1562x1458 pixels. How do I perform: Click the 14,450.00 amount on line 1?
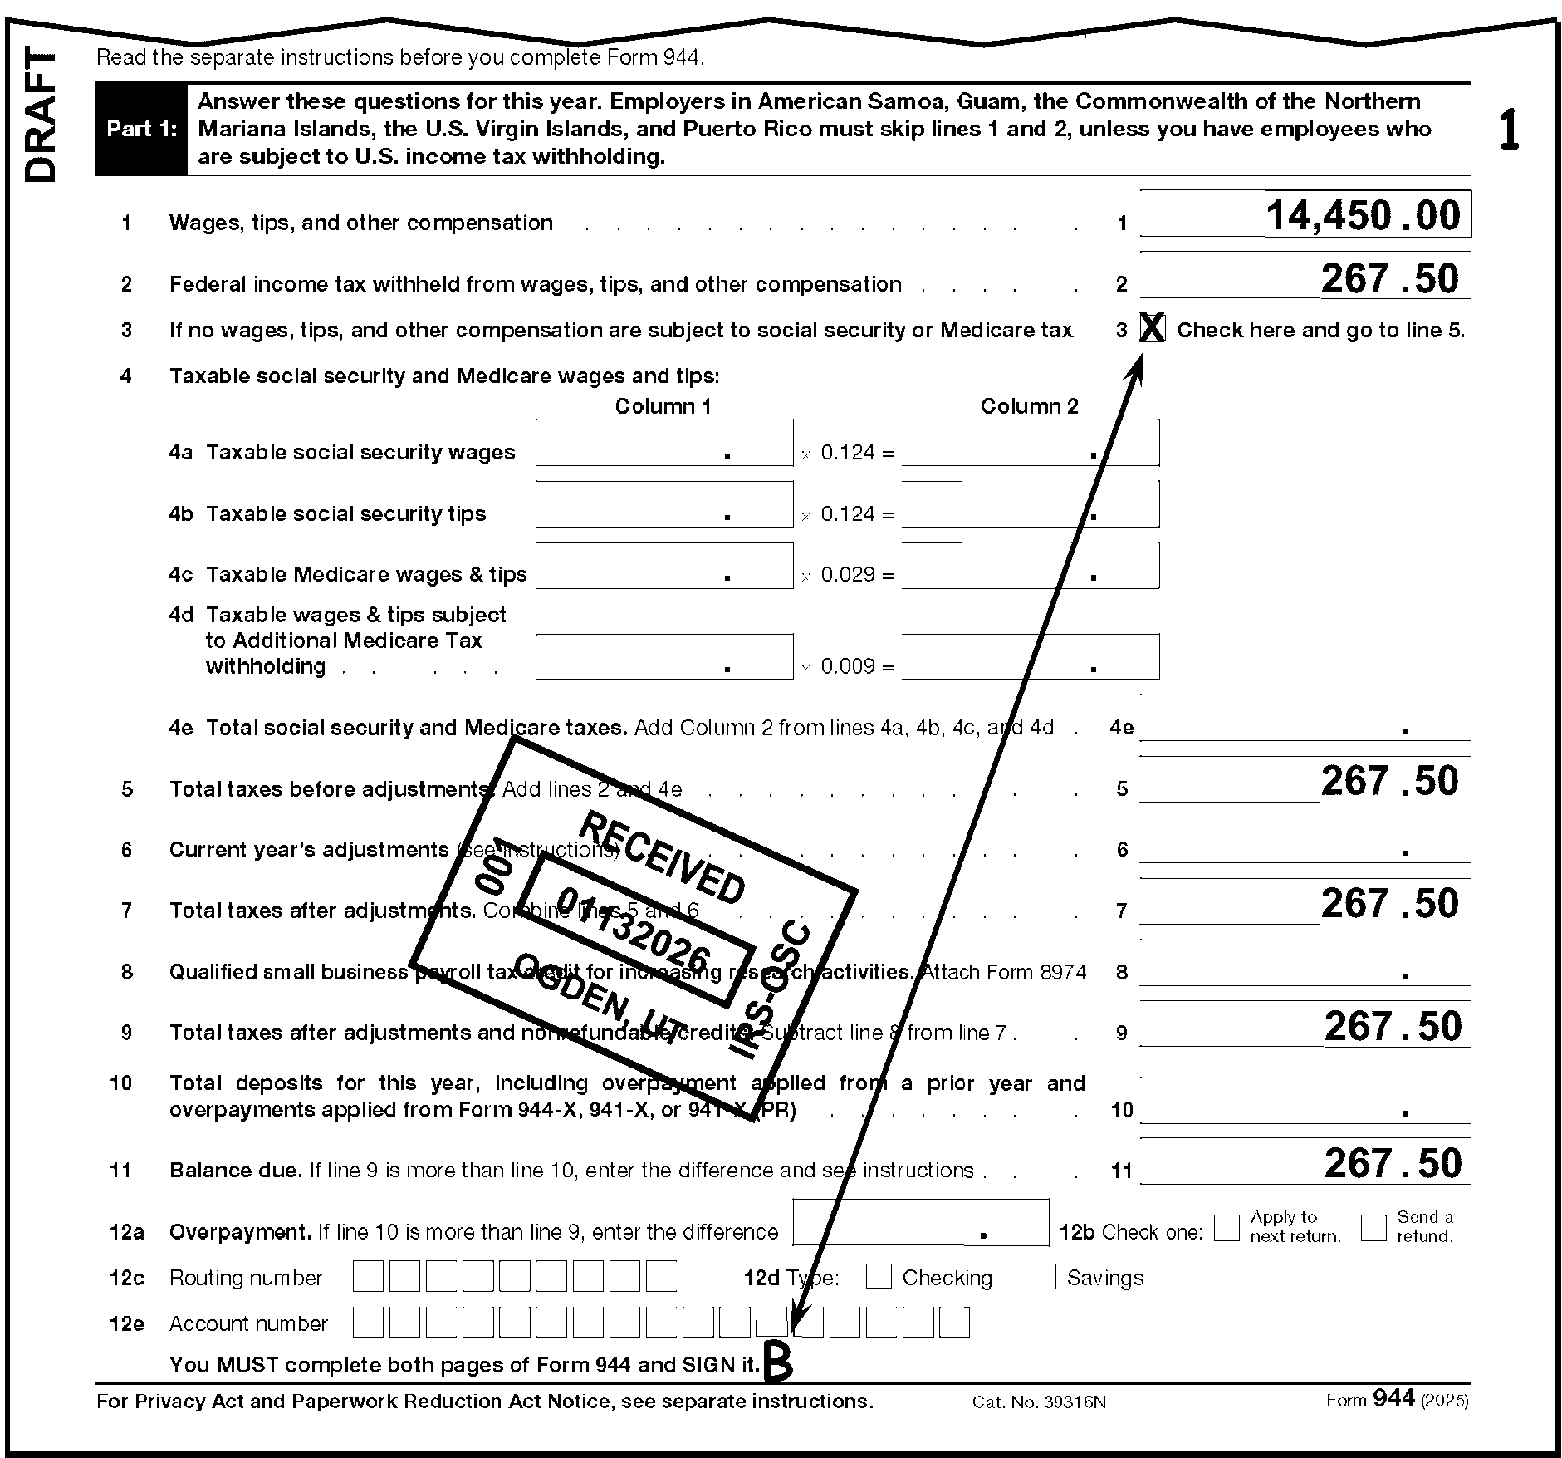pos(1362,216)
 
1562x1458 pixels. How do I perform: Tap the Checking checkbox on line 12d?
pos(878,1276)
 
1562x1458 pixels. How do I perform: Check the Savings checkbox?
pos(1042,1276)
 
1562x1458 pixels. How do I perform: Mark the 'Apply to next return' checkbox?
pos(1226,1227)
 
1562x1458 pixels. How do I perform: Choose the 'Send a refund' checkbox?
pos(1373,1227)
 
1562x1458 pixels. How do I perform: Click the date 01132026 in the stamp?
pos(634,931)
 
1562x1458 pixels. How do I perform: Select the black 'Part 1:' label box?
pos(141,130)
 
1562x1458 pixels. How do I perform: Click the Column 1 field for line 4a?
pos(663,444)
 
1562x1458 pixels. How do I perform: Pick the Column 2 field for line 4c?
pos(1030,566)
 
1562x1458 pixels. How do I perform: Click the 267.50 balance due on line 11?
pos(1393,1163)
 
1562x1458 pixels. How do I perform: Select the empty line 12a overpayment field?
pos(920,1223)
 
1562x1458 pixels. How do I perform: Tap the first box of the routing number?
pos(368,1276)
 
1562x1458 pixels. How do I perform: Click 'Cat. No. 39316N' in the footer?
pos(1039,1402)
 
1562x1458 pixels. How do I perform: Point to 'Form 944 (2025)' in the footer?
pos(1397,1400)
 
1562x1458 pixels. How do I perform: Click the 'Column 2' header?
pos(1029,406)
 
